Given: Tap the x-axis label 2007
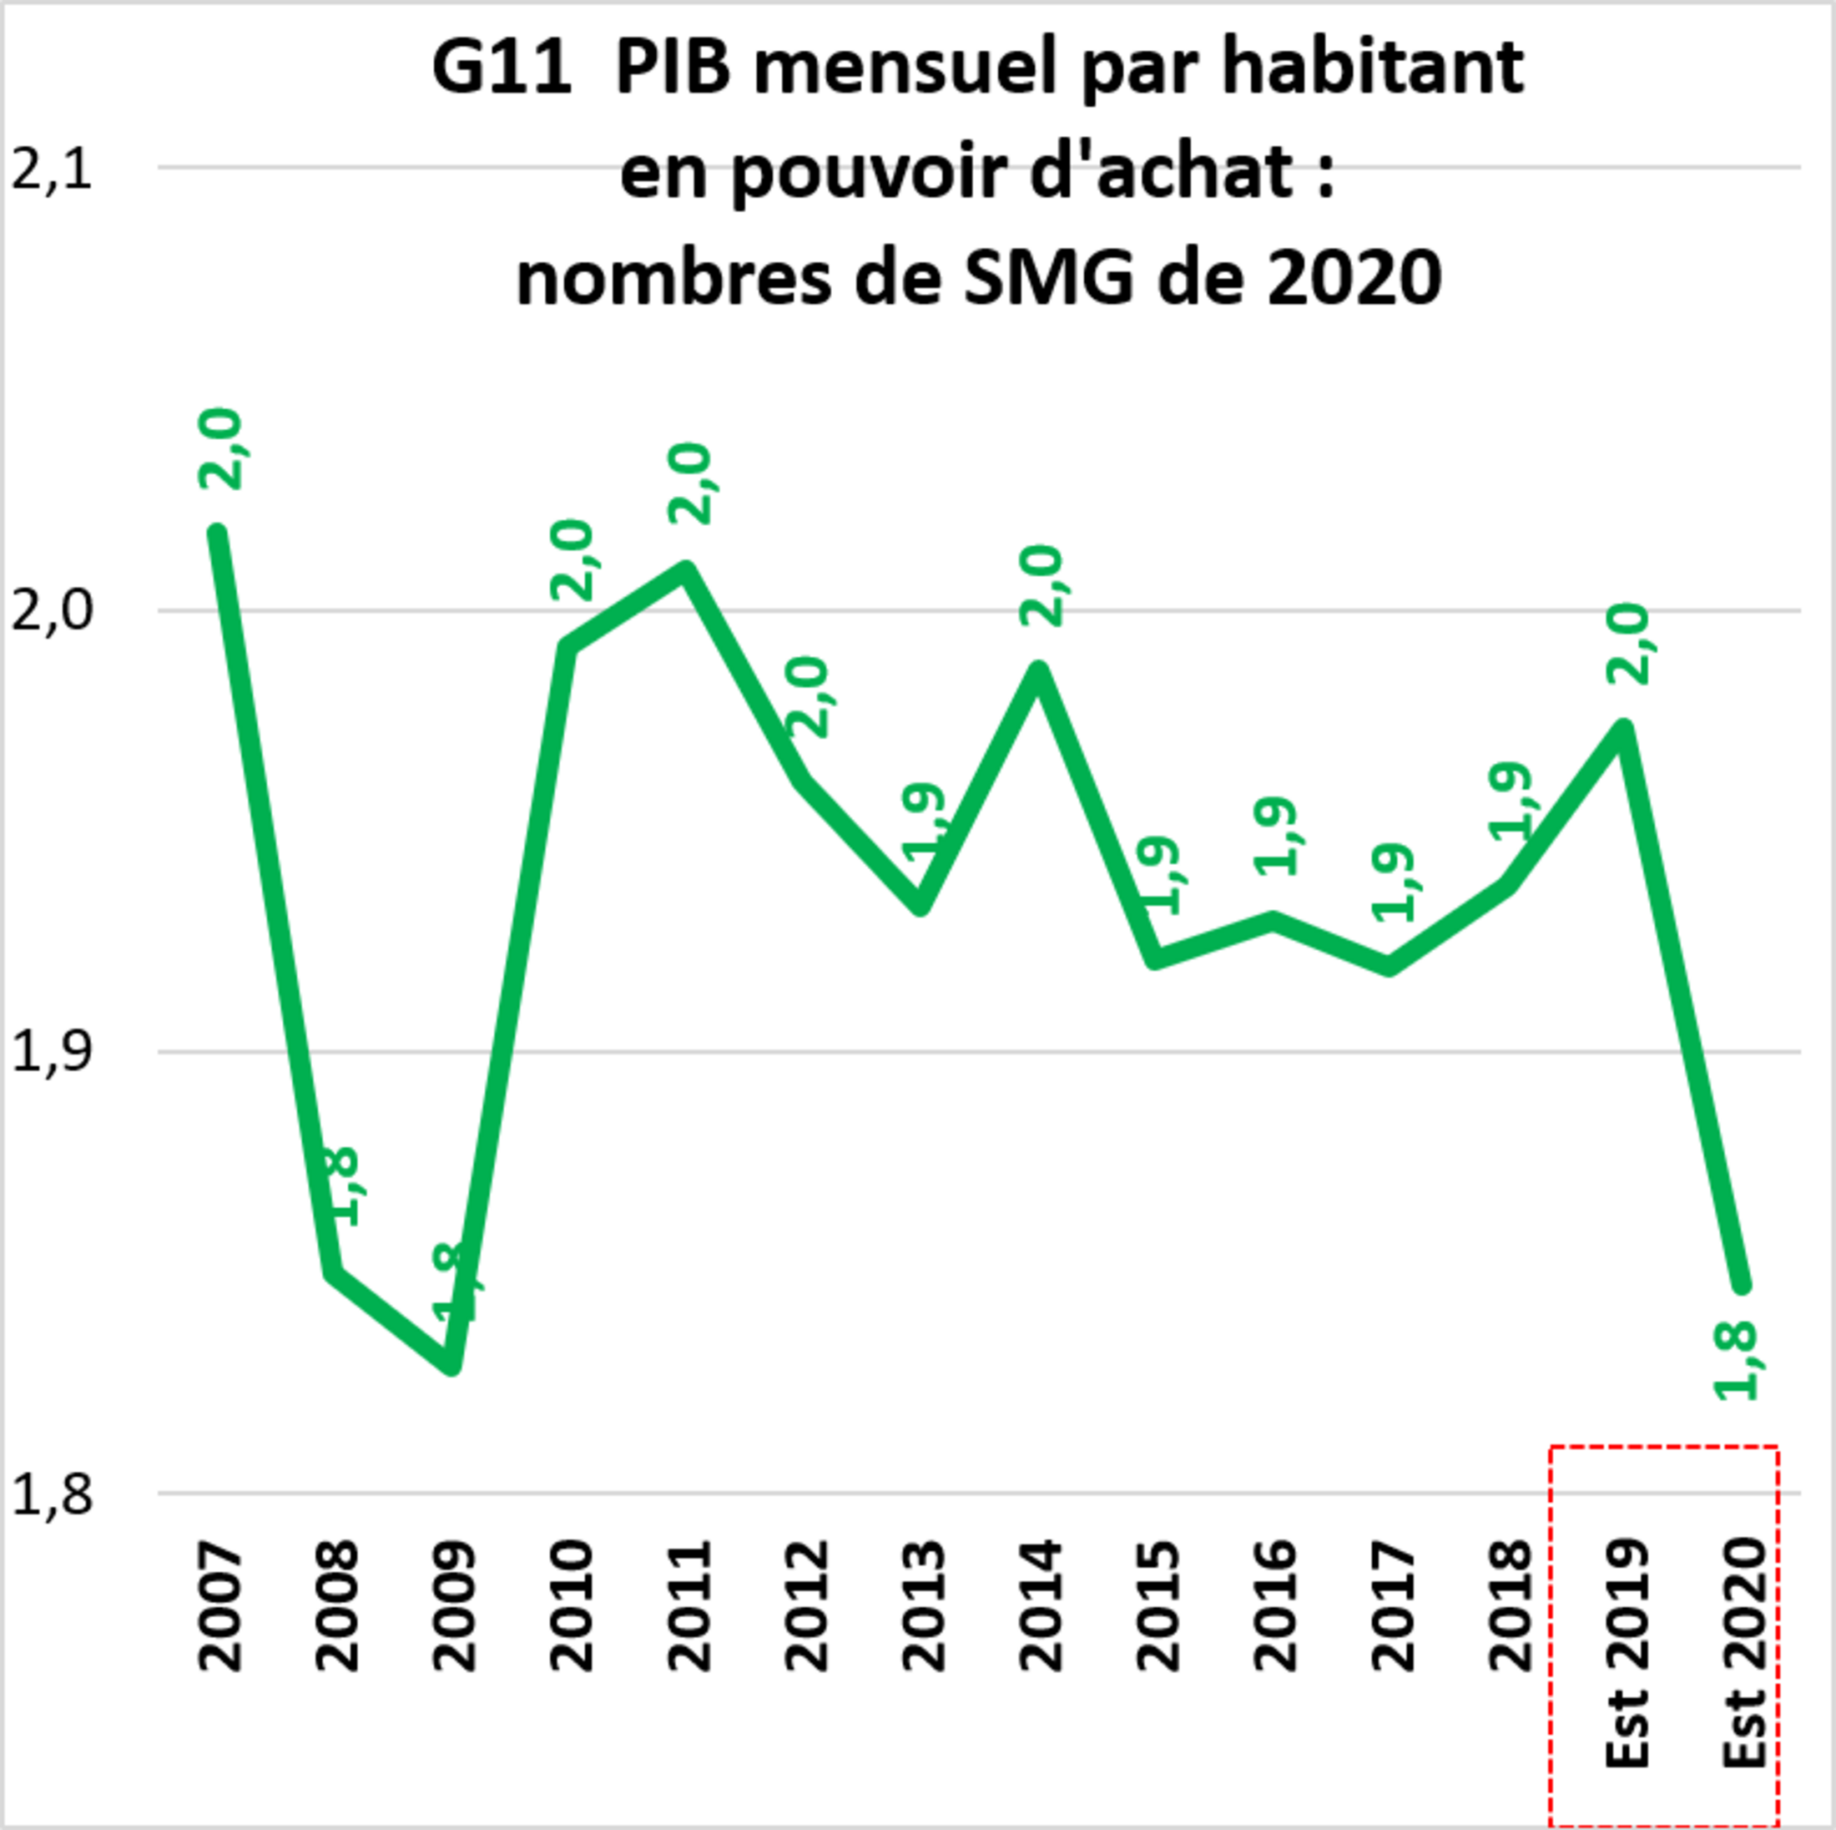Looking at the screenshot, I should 220,1606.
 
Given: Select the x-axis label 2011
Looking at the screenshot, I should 690,1606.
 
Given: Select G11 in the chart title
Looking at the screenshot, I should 502,68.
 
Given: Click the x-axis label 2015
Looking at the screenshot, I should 1158,1606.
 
